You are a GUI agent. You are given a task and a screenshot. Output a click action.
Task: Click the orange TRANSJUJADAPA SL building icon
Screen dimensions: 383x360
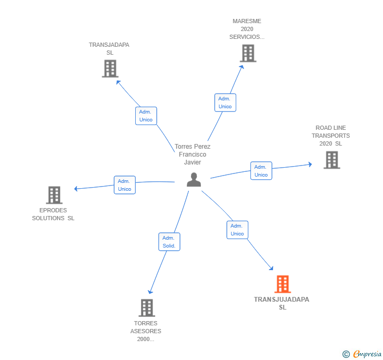[283, 284]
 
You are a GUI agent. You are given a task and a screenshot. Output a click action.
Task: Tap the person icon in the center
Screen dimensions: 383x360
[194, 180]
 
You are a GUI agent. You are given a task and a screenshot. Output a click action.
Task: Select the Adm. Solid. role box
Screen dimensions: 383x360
[169, 242]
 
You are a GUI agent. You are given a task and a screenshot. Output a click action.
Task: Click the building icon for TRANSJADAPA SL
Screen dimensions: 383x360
[110, 68]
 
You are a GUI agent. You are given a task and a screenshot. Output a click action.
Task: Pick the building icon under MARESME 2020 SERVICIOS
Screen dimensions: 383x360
[248, 53]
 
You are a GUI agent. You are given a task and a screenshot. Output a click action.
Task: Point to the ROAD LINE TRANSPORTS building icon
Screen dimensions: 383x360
[332, 160]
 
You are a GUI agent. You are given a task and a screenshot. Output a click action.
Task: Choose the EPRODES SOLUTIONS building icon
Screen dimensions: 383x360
[54, 195]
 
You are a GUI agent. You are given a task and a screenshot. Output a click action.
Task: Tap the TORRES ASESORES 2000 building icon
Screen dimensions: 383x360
[147, 308]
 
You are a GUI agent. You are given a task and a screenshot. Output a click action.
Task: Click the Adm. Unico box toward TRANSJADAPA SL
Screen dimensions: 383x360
[146, 116]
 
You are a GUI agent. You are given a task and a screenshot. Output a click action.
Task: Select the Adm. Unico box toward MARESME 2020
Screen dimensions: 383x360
[225, 102]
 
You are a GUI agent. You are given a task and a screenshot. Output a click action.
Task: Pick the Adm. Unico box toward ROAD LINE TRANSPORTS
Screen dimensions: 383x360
[261, 171]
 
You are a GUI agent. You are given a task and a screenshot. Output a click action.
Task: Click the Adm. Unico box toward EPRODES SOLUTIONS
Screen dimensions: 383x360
[125, 185]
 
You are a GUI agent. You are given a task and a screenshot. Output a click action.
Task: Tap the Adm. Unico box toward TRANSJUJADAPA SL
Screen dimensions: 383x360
[237, 230]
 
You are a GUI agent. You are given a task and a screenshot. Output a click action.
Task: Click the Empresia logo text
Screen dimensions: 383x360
[367, 354]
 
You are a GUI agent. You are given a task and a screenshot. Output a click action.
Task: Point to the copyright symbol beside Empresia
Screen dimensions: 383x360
[346, 354]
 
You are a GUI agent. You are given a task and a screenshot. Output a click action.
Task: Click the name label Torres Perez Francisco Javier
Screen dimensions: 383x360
[193, 155]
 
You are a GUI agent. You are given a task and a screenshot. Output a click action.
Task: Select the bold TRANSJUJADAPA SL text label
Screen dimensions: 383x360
[281, 303]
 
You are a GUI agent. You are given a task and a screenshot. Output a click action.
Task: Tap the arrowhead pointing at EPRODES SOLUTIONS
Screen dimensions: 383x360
[76, 189]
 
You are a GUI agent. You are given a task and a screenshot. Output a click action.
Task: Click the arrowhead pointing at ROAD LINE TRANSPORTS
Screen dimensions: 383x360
[310, 164]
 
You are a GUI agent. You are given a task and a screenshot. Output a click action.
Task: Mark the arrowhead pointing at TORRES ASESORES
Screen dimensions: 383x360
[150, 292]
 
